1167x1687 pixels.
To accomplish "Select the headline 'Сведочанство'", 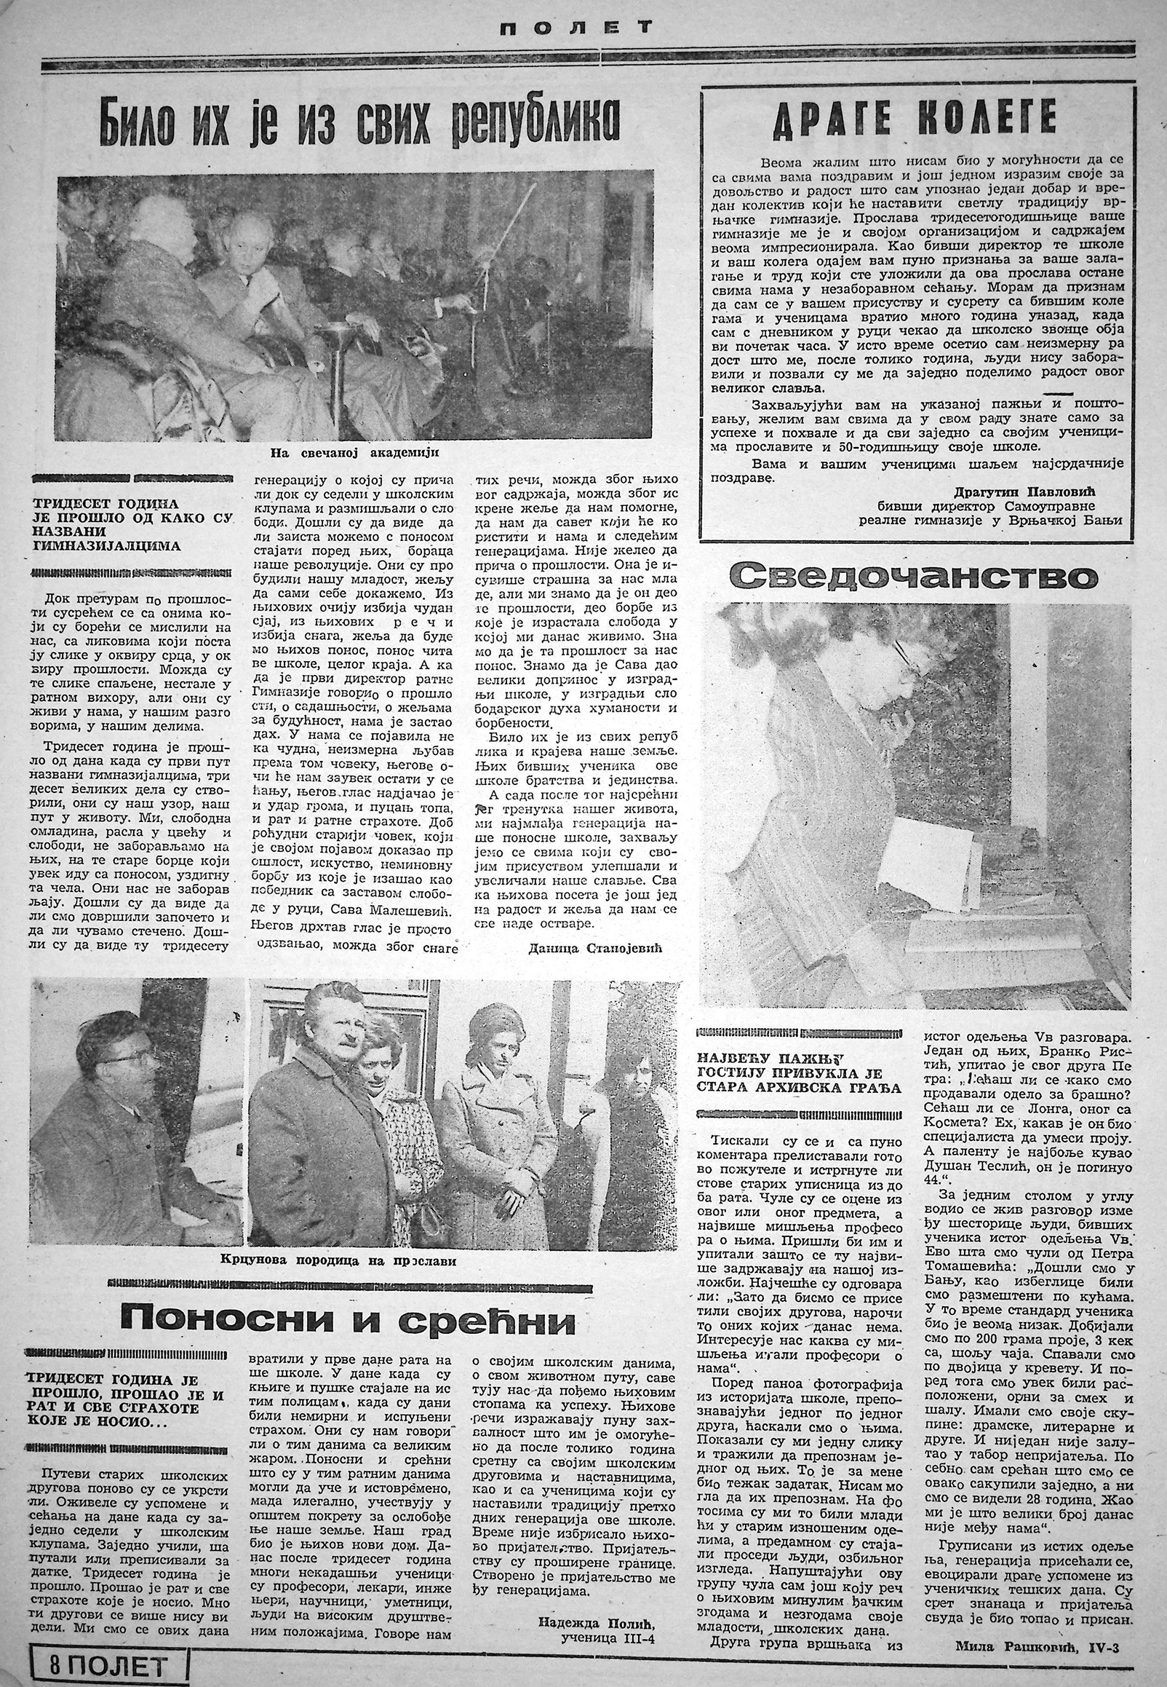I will point(914,577).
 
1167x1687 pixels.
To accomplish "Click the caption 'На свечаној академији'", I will point(354,453).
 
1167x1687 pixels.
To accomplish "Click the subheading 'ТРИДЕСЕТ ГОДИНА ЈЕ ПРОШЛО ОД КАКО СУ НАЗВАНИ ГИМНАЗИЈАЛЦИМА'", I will point(132,524).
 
